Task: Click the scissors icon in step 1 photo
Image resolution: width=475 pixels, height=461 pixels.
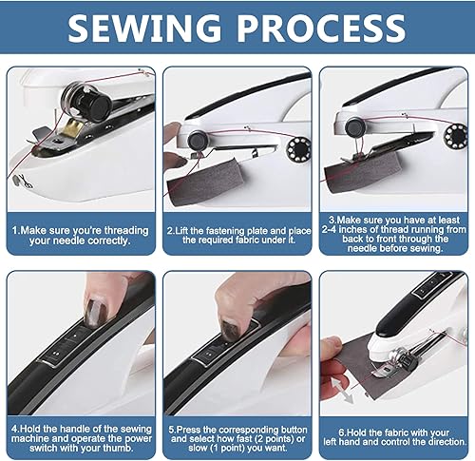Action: [26, 181]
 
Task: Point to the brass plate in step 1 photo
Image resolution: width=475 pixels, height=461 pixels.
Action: [73, 128]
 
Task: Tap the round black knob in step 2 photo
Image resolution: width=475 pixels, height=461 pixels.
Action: [197, 141]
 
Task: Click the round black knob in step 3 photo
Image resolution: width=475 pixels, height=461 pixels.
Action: [354, 126]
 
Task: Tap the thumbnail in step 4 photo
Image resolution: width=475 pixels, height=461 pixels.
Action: [96, 311]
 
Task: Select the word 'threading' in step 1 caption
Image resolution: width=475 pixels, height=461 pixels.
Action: [126, 230]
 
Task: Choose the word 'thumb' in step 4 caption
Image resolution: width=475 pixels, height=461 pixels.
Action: [117, 448]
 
